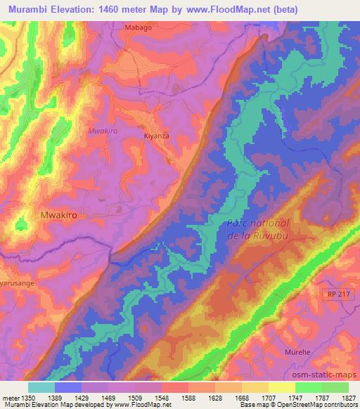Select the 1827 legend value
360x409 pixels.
pyautogui.click(x=347, y=398)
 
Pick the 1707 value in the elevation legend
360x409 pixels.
pyautogui.click(x=268, y=398)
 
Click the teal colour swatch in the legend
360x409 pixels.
pyautogui.click(x=41, y=387)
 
